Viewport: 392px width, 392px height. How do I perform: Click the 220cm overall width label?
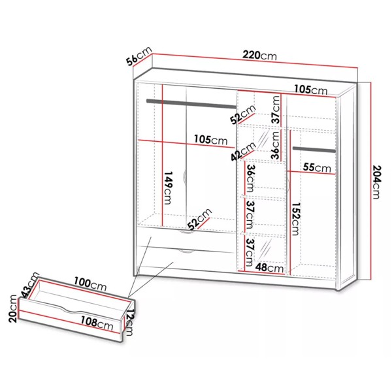tap(259, 56)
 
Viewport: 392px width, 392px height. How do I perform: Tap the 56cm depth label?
tap(139, 56)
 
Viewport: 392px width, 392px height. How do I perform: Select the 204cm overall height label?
tap(376, 182)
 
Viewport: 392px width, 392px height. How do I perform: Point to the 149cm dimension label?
tap(168, 188)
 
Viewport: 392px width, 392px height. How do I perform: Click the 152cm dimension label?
tap(295, 219)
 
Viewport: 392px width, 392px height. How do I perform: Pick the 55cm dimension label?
tap(317, 167)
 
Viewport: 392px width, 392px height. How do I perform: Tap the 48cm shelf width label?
tap(269, 268)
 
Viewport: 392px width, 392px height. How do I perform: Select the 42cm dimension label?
tap(244, 151)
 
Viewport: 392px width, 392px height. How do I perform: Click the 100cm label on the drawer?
tap(90, 284)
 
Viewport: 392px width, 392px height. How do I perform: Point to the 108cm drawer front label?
tap(97, 323)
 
